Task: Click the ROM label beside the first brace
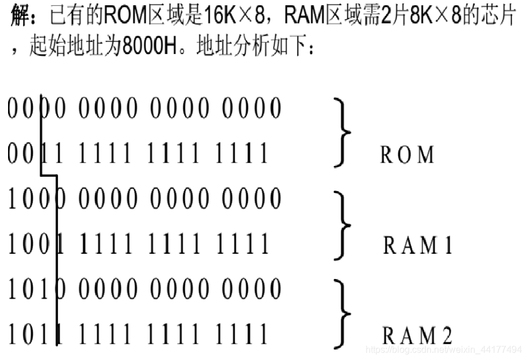coord(407,154)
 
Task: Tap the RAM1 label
coord(418,245)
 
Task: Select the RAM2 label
coord(418,335)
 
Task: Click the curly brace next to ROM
coord(344,132)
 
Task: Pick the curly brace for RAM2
coord(344,313)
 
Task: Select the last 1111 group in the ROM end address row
coord(243,154)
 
